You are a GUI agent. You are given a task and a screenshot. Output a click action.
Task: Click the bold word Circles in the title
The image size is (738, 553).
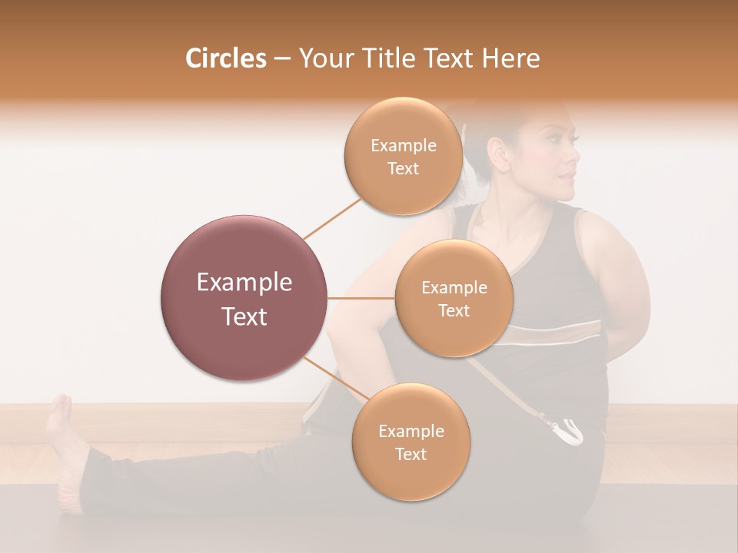tap(225, 58)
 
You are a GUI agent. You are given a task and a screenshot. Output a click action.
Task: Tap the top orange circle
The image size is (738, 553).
tap(403, 156)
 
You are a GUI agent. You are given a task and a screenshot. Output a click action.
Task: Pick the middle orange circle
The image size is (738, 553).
tap(454, 298)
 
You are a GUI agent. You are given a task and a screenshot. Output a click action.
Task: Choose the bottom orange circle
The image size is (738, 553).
tap(411, 442)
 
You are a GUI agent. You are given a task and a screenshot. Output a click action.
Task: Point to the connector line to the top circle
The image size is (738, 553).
tap(332, 217)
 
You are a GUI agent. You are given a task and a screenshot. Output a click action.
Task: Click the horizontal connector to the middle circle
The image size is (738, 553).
tap(361, 298)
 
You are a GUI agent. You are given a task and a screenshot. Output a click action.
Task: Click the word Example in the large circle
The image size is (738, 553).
tap(244, 283)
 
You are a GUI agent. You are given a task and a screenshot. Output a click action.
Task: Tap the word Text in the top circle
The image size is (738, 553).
tap(403, 168)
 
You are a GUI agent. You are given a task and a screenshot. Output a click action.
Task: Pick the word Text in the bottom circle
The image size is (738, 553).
tap(411, 454)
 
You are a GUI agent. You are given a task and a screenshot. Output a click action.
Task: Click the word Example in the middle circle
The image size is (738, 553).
tap(454, 287)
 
